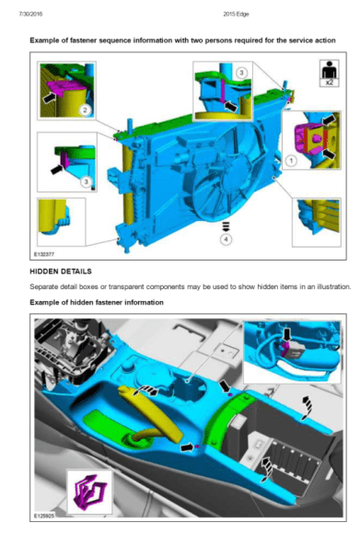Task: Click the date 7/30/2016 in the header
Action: tap(31, 14)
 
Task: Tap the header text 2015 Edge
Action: tap(236, 14)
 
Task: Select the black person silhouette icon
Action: tap(329, 69)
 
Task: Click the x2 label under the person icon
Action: tap(329, 83)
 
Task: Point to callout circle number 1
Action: tap(291, 159)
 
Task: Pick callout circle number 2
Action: tap(86, 110)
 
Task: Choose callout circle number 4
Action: tap(226, 239)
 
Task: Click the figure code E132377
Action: tap(44, 254)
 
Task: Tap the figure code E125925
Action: tap(44, 517)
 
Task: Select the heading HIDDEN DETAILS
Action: tap(61, 272)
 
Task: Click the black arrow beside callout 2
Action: tap(50, 97)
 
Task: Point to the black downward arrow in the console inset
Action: tap(287, 334)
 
